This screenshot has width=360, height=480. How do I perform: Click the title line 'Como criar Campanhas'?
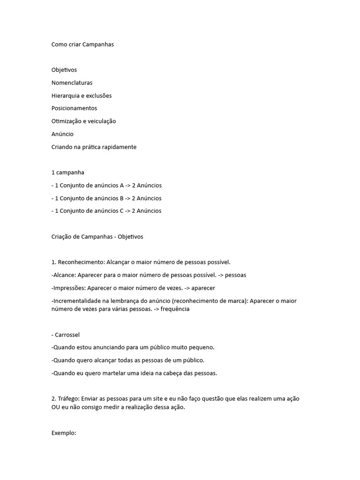(82, 45)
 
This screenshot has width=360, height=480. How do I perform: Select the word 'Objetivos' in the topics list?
(64, 70)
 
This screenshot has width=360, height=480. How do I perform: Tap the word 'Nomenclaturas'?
(72, 83)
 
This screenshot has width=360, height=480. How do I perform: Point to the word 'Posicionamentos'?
(74, 108)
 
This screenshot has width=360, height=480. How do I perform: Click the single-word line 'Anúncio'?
(62, 134)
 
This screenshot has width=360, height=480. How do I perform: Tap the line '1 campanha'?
(68, 172)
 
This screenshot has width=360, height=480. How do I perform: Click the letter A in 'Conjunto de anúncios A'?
(122, 186)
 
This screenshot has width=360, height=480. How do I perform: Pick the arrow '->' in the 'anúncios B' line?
(128, 198)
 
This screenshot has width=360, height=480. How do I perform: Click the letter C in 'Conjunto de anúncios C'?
(122, 211)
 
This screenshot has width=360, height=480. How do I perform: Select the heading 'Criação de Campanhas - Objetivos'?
(97, 237)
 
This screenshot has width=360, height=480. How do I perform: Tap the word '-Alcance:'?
(63, 275)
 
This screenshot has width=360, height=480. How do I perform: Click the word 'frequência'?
(175, 309)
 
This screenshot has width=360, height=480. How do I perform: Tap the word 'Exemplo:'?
(64, 433)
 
